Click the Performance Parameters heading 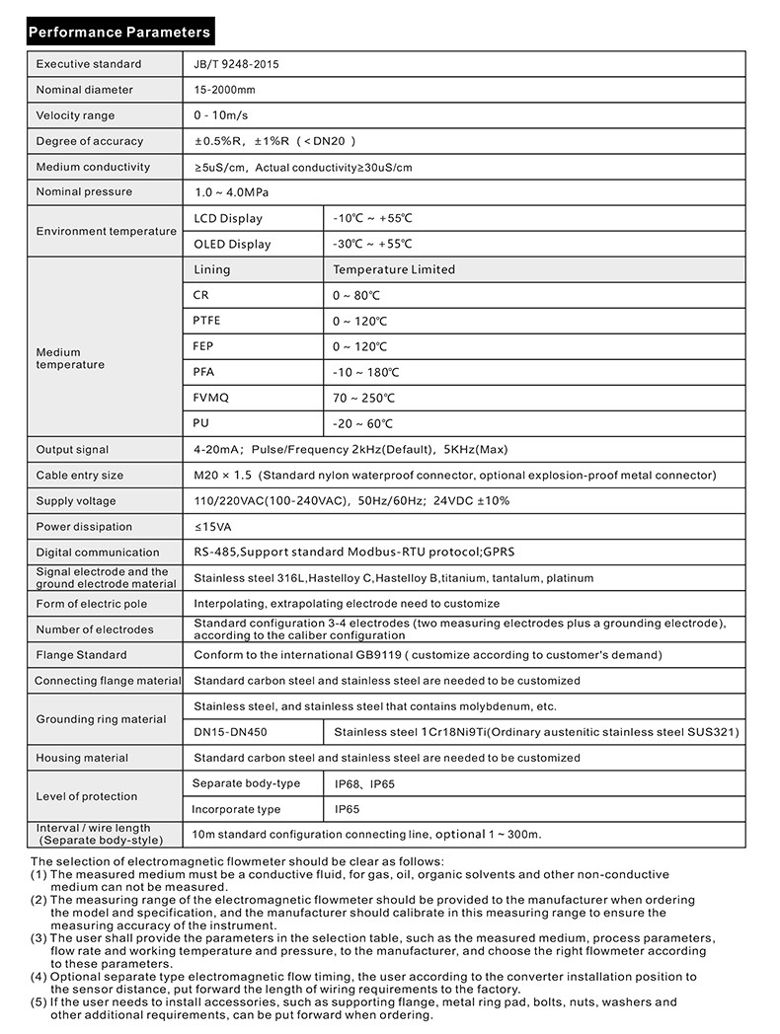click(119, 32)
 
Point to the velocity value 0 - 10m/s click(221, 115)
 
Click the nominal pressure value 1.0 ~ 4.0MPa click(231, 192)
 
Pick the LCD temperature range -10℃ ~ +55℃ click(372, 218)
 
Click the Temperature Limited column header click(394, 269)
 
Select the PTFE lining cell click(207, 321)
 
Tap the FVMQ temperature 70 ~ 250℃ click(364, 398)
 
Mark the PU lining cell click(201, 423)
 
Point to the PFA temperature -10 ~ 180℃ click(366, 372)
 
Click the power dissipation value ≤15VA click(213, 527)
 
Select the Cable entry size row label click(80, 476)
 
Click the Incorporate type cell click(236, 809)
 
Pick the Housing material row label click(82, 758)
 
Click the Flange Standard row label click(81, 655)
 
